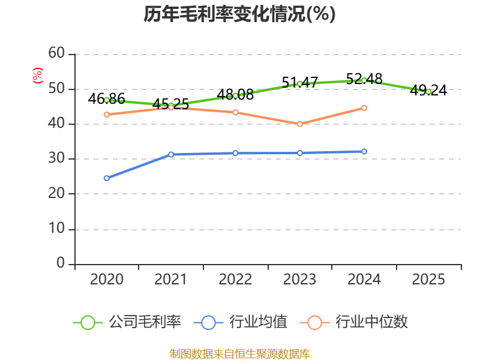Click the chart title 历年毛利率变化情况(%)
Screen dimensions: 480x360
pyautogui.click(x=239, y=14)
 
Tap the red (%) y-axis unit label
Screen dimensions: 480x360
pyautogui.click(x=38, y=76)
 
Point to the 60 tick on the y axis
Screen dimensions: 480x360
pyautogui.click(x=56, y=53)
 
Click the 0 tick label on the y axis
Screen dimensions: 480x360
pyautogui.click(x=61, y=263)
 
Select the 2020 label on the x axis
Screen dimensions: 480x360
pyautogui.click(x=107, y=279)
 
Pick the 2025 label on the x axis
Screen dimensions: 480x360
pyautogui.click(x=428, y=279)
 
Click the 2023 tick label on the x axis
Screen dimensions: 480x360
pyautogui.click(x=299, y=279)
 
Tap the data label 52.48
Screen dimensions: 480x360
pyautogui.click(x=364, y=79)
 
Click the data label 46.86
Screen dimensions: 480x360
pyautogui.click(x=107, y=98)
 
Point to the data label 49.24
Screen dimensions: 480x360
pyautogui.click(x=428, y=91)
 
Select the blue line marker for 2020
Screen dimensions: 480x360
pyautogui.click(x=107, y=178)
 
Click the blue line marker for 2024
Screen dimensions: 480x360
pyautogui.click(x=364, y=152)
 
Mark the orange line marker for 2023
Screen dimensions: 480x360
pyautogui.click(x=299, y=124)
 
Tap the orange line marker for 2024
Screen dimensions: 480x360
pyautogui.click(x=364, y=108)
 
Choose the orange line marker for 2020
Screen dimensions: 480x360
pyautogui.click(x=107, y=115)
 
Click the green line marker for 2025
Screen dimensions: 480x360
pyautogui.click(x=428, y=92)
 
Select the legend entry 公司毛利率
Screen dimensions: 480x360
pyautogui.click(x=127, y=322)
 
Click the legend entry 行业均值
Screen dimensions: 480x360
pyautogui.click(x=241, y=322)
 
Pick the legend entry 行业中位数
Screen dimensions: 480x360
pyautogui.click(x=354, y=322)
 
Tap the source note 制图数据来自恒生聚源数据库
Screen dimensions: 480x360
pyautogui.click(x=239, y=353)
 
